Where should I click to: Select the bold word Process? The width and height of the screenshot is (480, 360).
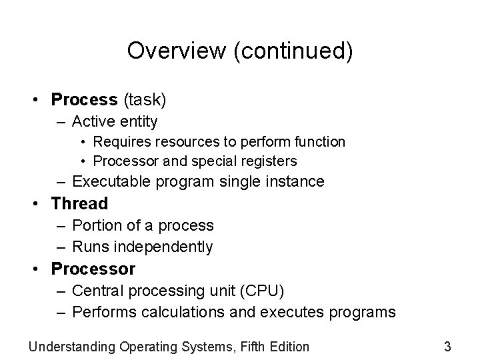tap(84, 100)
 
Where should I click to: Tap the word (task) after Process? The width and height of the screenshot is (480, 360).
tap(143, 100)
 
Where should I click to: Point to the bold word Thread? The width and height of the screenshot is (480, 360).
tap(79, 203)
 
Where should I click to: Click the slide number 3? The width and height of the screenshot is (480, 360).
tap(447, 346)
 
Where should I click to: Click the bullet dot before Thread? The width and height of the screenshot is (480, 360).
tap(41, 204)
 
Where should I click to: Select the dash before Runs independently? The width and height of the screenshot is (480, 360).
tap(61, 247)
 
